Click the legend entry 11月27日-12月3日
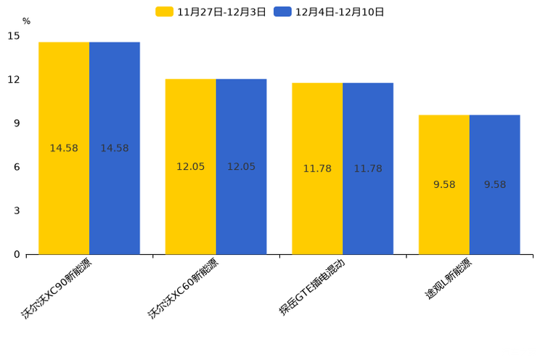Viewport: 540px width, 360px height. click(211, 12)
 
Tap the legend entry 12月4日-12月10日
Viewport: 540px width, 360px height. click(330, 12)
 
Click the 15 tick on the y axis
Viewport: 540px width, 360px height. click(14, 36)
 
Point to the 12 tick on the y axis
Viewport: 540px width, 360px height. click(14, 80)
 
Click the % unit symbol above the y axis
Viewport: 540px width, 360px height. click(26, 22)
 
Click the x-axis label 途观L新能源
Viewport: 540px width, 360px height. click(448, 279)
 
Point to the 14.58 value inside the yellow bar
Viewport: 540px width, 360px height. click(64, 148)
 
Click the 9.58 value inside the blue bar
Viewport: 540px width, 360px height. click(495, 184)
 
